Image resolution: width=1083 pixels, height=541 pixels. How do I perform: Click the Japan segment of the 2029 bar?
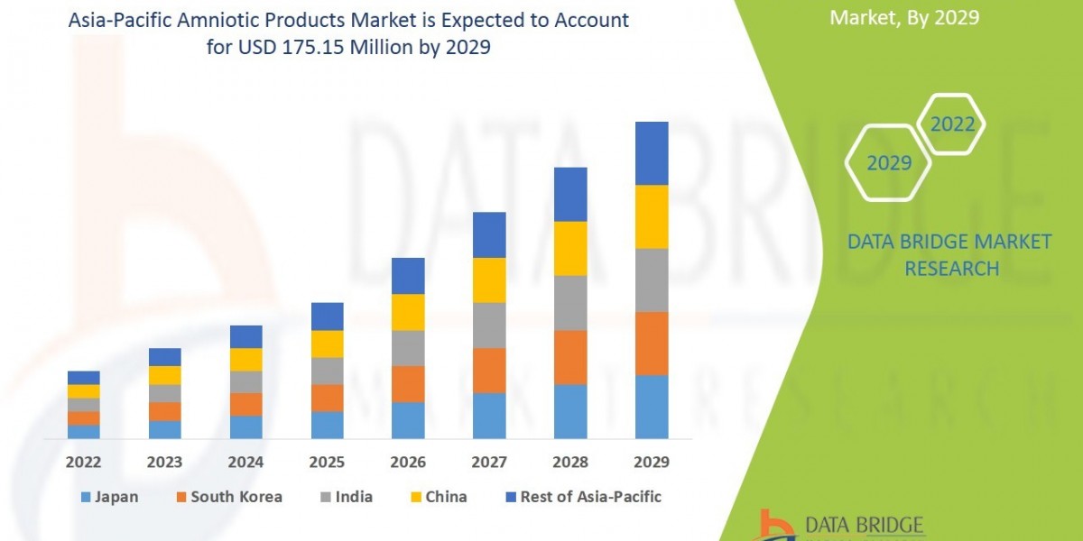[x=652, y=407]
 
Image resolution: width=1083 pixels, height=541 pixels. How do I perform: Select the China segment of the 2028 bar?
[x=570, y=248]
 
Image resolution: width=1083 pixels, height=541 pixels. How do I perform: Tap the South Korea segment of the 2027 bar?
[x=489, y=371]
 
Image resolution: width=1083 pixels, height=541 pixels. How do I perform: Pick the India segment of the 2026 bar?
[x=408, y=348]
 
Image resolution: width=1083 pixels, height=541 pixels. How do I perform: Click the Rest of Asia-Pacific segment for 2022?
[x=84, y=377]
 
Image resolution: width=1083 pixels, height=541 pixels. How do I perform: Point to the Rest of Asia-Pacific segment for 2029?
[x=652, y=153]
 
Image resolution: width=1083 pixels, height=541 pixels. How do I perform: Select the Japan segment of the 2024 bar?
[x=245, y=427]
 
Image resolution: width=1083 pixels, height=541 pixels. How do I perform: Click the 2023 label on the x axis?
[x=164, y=463]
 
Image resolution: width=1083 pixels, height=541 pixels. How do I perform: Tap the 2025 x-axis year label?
[x=327, y=463]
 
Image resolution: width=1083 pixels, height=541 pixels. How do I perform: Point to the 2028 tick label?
[x=570, y=463]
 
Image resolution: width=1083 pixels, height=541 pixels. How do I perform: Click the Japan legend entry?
[x=109, y=497]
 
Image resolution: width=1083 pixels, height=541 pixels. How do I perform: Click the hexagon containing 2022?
[x=952, y=124]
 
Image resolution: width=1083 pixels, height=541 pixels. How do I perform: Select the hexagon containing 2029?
[x=888, y=162]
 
